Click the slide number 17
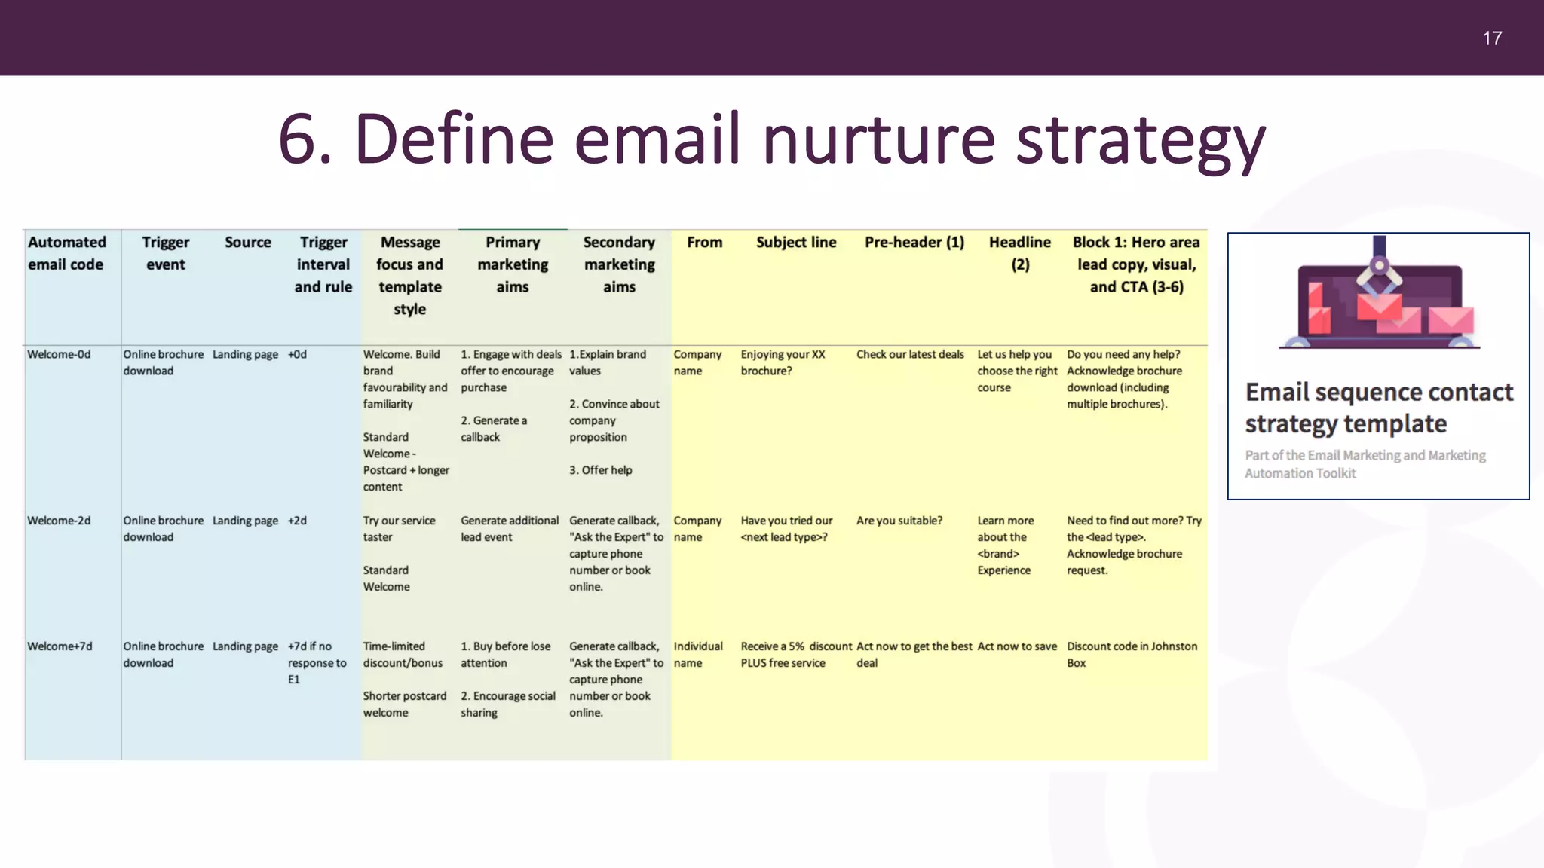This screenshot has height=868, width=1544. tap(1491, 38)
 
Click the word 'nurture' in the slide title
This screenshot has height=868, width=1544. tap(878, 139)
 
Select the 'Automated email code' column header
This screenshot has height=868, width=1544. tap(66, 253)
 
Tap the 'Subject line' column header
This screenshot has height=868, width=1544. tap(796, 243)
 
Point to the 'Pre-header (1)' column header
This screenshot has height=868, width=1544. tap(914, 243)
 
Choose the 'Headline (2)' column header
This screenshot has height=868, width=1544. tap(1019, 253)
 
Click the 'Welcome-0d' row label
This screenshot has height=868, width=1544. tap(59, 354)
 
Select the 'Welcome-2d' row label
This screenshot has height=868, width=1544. tap(59, 521)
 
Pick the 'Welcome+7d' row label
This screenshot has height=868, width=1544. tap(60, 646)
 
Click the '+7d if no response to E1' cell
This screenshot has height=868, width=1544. tap(317, 662)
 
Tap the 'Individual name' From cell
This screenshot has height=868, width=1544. tap(697, 655)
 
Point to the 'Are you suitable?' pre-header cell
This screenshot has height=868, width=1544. tap(899, 521)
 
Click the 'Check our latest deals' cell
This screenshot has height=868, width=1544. tap(910, 354)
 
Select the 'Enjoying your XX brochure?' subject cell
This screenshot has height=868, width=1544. tap(783, 362)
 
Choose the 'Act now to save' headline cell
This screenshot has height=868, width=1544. tap(1017, 646)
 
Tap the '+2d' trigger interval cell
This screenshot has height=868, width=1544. tap(297, 521)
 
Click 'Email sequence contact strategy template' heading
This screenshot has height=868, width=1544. tap(1378, 408)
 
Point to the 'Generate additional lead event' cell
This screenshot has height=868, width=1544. tap(510, 529)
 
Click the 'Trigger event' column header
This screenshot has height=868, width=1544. tap(166, 253)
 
